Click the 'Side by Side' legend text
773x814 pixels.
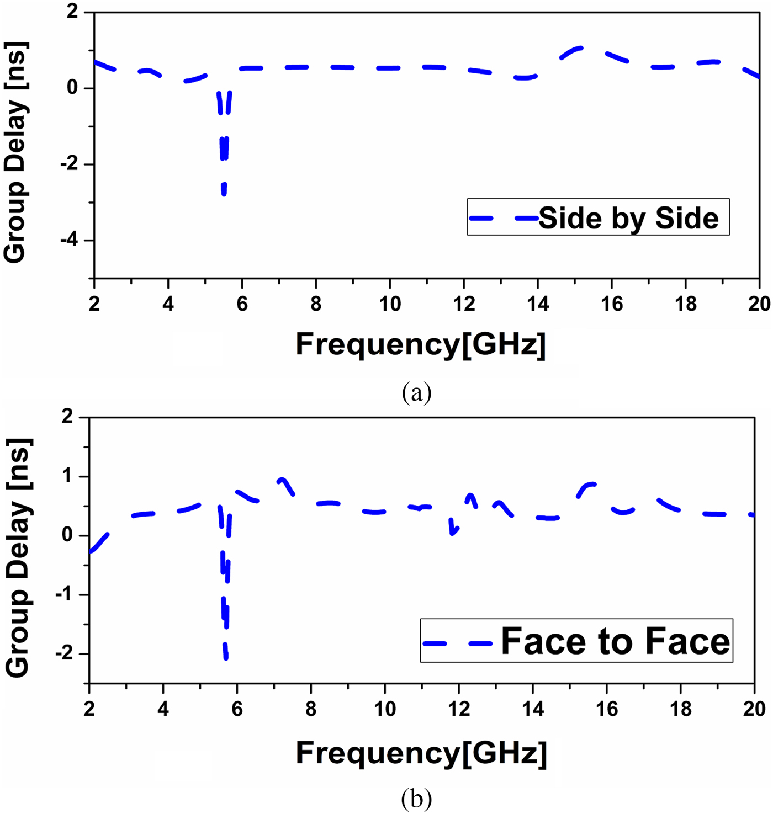click(x=628, y=218)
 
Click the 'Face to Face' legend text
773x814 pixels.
click(x=615, y=641)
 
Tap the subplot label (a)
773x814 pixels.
click(x=417, y=393)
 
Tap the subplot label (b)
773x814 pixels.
click(x=417, y=799)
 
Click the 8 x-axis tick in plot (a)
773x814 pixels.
click(x=316, y=303)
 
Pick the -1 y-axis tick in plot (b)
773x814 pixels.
click(x=65, y=595)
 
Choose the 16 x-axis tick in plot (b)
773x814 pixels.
click(x=607, y=709)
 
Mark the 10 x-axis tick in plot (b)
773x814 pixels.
click(x=385, y=709)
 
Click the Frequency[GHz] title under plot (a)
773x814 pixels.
click(x=421, y=344)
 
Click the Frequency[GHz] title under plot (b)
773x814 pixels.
click(x=421, y=753)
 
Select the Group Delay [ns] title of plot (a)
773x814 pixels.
click(x=15, y=152)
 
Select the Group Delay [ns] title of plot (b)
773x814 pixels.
click(x=18, y=557)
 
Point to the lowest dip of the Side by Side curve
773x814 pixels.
click(x=224, y=193)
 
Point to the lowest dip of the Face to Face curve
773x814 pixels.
click(x=226, y=657)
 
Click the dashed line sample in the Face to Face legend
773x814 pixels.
click(x=458, y=643)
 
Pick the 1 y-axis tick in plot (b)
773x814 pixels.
click(x=67, y=476)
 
